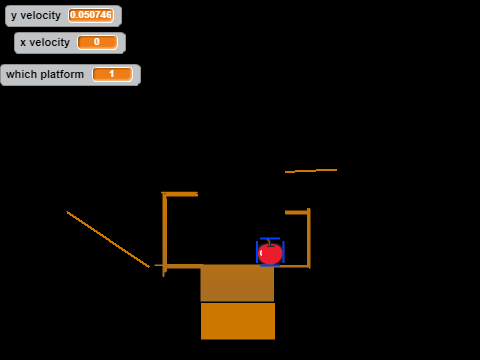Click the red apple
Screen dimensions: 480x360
(x=270, y=254)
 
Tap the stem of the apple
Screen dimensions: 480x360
(x=269, y=242)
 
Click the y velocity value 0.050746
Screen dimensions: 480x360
(x=91, y=15)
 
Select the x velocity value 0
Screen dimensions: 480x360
(x=97, y=42)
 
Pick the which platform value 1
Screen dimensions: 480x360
(x=112, y=74)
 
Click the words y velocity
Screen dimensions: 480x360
(x=36, y=16)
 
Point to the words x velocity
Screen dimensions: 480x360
(x=45, y=42)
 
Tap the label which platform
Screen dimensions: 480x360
(x=45, y=74)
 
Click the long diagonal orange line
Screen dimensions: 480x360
(x=108, y=239)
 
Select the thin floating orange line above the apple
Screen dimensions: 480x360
(x=311, y=171)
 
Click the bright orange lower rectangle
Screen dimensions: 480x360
(x=238, y=321)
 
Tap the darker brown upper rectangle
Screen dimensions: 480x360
(x=237, y=283)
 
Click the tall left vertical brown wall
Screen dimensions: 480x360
(x=164, y=234)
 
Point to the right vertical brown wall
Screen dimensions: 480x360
(x=309, y=238)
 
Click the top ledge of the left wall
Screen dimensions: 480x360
(x=180, y=194)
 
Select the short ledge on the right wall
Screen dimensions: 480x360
(x=296, y=212)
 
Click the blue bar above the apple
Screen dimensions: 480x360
(x=270, y=238)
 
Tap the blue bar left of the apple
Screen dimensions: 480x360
(x=257, y=252)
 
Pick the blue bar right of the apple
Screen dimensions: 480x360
(x=283, y=252)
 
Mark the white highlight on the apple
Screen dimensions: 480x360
(x=261, y=253)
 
